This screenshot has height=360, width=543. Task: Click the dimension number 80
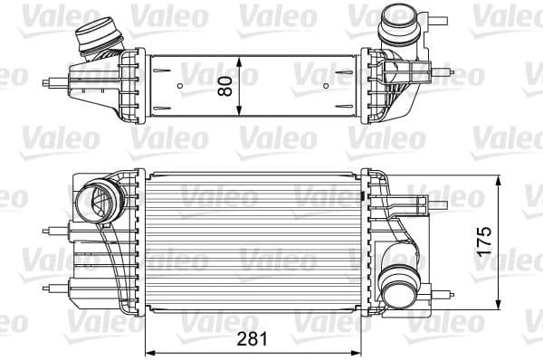225,85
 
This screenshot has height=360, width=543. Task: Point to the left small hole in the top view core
181,88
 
